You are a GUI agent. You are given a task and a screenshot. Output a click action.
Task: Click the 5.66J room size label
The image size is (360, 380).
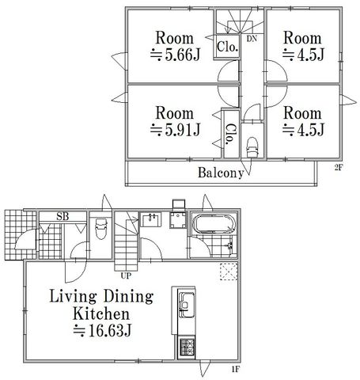point(175,55)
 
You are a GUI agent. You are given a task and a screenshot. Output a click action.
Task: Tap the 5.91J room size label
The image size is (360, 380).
point(175,130)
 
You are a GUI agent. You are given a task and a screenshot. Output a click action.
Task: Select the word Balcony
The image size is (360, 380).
point(221,173)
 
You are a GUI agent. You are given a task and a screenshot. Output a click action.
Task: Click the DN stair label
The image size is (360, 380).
point(252,39)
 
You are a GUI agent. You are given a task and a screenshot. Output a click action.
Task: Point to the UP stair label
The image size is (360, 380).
point(126,275)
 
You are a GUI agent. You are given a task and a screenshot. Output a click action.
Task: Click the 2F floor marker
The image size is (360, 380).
point(338,167)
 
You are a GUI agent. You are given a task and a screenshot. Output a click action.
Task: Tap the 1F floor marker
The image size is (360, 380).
point(235,369)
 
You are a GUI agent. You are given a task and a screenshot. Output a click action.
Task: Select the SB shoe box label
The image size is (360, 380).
point(63,217)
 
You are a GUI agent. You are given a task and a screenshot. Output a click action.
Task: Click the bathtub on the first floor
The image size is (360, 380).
point(214,224)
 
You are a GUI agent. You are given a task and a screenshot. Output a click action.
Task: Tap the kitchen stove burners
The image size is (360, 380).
point(187,347)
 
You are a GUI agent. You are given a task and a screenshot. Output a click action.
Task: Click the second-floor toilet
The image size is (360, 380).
point(252,147)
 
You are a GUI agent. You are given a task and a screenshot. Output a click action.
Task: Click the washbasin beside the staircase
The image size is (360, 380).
point(150,220)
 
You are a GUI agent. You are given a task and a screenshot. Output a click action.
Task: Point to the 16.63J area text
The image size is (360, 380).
point(102,330)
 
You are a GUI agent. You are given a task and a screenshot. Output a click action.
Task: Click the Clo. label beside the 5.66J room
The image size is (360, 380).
point(228,47)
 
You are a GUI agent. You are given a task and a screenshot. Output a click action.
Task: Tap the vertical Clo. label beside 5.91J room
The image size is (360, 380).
point(231,134)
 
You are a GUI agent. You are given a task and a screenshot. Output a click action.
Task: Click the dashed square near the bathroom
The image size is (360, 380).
point(229,272)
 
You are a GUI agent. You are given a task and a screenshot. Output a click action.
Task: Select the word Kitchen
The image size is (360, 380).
point(101,313)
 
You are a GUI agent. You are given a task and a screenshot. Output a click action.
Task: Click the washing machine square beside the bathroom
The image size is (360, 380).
point(177,220)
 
